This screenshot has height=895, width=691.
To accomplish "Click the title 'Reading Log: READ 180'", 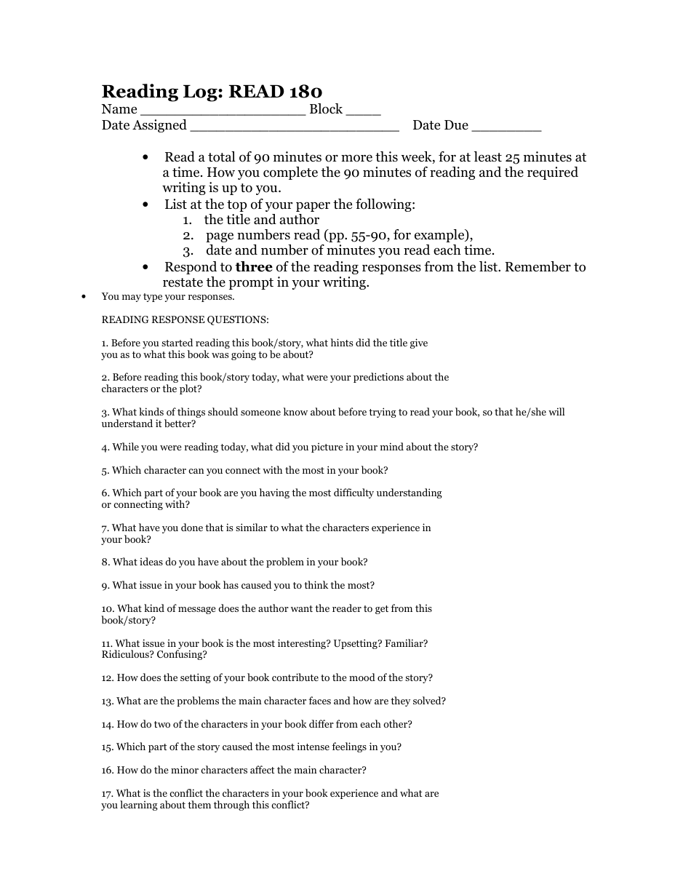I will [x=212, y=91].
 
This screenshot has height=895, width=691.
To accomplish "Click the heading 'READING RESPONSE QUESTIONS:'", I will [x=185, y=319].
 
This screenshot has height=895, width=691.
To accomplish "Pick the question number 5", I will [x=105, y=471].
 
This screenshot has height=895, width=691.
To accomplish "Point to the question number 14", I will [x=108, y=725].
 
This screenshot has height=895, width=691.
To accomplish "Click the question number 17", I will [x=108, y=794].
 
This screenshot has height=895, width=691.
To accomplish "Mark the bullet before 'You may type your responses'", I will [x=84, y=297].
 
